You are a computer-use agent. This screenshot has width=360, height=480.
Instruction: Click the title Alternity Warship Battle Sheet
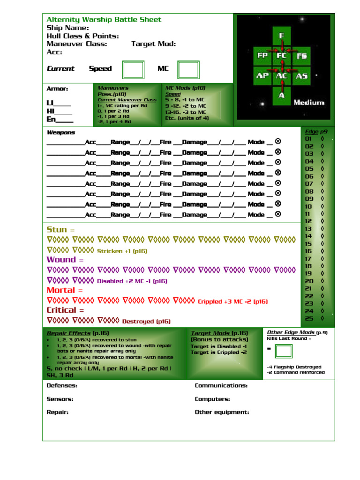(104, 20)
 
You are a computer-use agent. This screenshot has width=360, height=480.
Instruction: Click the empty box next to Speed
(133, 69)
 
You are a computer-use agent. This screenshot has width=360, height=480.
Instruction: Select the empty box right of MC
(188, 69)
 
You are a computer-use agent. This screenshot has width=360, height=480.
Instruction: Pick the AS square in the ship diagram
(301, 75)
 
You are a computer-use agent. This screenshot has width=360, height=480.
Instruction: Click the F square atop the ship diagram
(282, 36)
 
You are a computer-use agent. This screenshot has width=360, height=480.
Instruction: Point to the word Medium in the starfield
(309, 102)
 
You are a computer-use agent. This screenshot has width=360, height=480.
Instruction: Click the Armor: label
(57, 89)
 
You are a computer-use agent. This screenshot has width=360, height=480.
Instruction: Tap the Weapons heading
(60, 133)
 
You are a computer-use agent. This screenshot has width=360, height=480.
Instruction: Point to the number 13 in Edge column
(308, 229)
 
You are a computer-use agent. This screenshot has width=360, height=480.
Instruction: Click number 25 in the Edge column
(309, 318)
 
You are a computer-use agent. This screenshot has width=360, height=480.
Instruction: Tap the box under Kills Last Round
(284, 351)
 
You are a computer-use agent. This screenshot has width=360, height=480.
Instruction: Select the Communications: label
(221, 386)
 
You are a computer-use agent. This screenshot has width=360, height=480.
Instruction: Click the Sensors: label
(60, 399)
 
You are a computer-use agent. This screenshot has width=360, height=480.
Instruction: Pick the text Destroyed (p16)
(146, 322)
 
